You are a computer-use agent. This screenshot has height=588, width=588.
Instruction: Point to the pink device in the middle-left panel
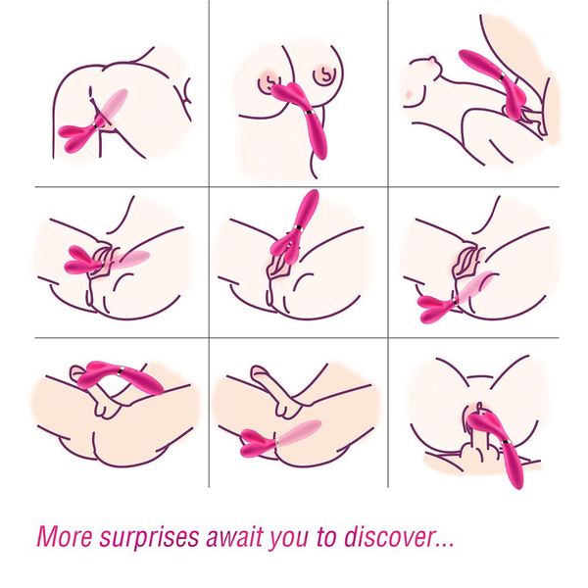click(x=98, y=261)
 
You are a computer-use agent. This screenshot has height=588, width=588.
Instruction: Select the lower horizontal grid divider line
click(x=294, y=339)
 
